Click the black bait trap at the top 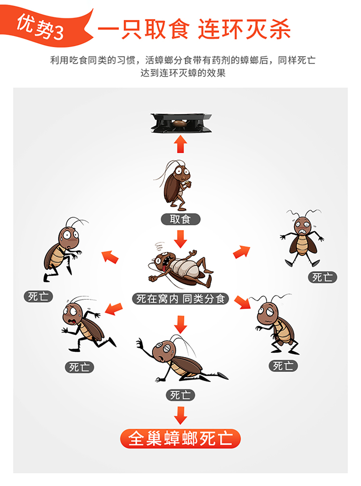[181, 123]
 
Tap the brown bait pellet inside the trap [180, 123]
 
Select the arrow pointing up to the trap [180, 144]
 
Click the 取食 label [180, 219]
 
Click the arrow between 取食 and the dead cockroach [180, 239]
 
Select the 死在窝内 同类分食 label [180, 298]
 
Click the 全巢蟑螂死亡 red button [180, 438]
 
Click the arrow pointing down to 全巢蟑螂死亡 [180, 415]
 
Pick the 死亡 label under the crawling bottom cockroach [180, 395]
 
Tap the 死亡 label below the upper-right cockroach [322, 277]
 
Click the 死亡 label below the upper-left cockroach [38, 296]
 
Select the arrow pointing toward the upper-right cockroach [242, 252]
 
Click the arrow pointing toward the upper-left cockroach [110, 257]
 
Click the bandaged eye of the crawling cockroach [166, 348]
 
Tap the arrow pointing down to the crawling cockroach [180, 324]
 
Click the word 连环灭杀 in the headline [245, 29]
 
